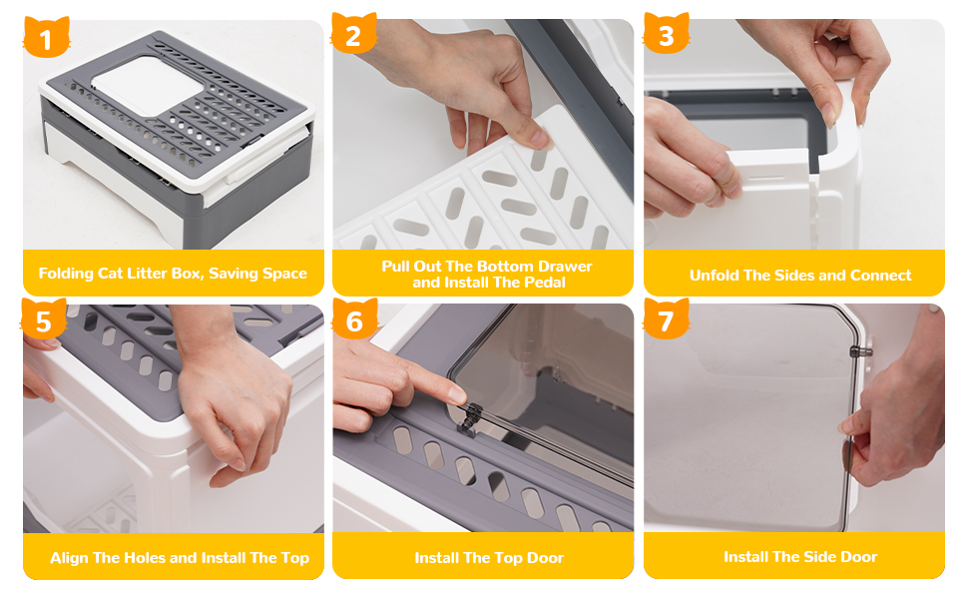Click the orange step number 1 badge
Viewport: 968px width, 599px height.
(x=46, y=37)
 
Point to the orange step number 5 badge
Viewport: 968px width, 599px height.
(x=44, y=318)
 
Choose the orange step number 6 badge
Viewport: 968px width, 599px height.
(x=354, y=318)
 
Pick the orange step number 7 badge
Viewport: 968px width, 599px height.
(x=666, y=318)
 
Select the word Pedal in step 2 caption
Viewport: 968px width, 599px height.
(x=545, y=283)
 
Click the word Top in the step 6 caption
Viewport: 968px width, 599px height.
(x=509, y=558)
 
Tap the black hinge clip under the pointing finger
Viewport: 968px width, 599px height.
(x=469, y=417)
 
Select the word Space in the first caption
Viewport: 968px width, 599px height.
(x=284, y=274)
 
